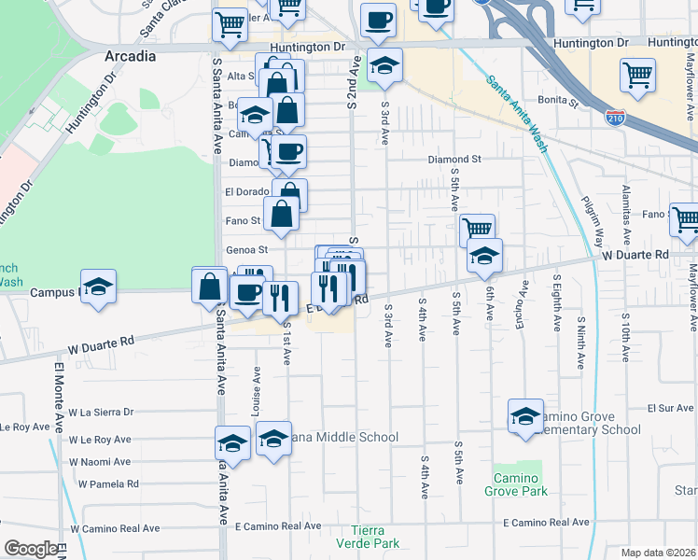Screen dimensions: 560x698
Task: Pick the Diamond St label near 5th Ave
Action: [454, 160]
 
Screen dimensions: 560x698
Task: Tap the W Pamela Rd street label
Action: [108, 484]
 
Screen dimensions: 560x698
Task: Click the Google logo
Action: [31, 549]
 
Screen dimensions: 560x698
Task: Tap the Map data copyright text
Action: [658, 553]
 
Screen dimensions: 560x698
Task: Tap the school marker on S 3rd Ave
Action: [384, 65]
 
